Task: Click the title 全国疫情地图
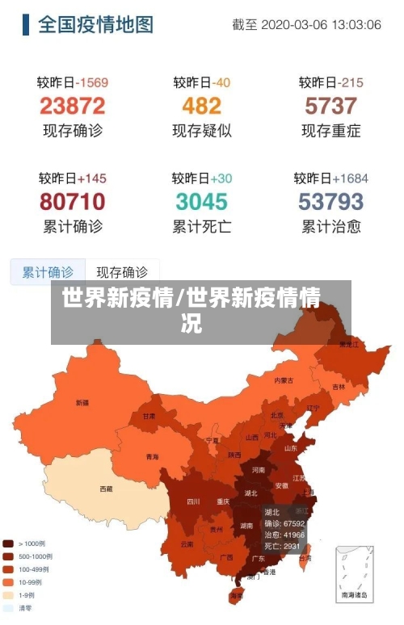[x=95, y=24]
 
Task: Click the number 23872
[x=72, y=106]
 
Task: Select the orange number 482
[x=201, y=106]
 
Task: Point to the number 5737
[x=330, y=106]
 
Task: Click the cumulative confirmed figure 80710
[x=72, y=201]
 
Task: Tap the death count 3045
[x=201, y=201]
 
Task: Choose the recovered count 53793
[x=330, y=201]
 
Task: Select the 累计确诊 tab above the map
[x=48, y=272]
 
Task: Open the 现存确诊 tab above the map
[x=122, y=272]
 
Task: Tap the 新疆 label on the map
[x=82, y=402]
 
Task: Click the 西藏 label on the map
[x=106, y=489]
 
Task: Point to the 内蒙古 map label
[x=284, y=380]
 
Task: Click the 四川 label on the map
[x=193, y=501]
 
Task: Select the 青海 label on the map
[x=152, y=456]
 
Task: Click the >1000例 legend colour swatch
[x=8, y=543]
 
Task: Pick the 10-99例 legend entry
[x=27, y=581]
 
